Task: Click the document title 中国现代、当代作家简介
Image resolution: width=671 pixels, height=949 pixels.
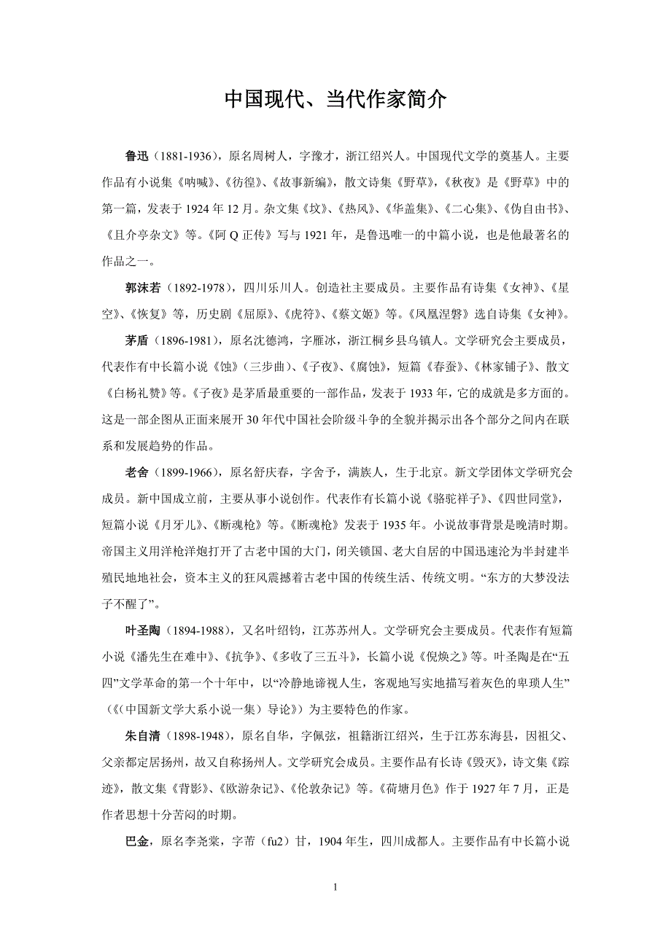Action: point(335,100)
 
